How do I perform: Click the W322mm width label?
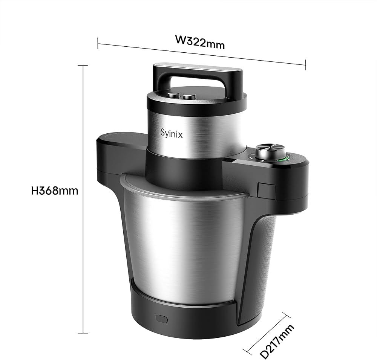[x=200, y=42]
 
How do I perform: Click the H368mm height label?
[x=55, y=191]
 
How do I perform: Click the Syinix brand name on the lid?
[x=172, y=134]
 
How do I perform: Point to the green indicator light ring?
[x=284, y=158]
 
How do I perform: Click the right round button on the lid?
[x=189, y=96]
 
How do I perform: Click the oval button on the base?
[x=162, y=319]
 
